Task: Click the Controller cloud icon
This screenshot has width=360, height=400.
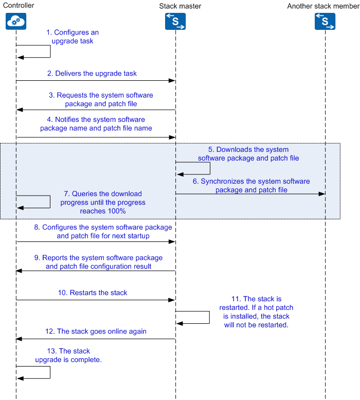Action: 16,22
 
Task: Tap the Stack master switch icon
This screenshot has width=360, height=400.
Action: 175,22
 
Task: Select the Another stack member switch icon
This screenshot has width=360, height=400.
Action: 325,22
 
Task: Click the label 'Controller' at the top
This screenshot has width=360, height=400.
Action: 19,5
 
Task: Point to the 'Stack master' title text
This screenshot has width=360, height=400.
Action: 180,6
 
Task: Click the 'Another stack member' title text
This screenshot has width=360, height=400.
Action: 323,6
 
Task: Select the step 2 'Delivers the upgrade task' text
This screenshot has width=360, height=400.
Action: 92,74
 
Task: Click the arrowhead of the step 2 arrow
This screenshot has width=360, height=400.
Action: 172,81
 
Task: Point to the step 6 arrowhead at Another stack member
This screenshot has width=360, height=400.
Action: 322,194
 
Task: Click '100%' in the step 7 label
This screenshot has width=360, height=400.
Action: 116,211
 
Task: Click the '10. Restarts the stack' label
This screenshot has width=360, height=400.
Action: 93,292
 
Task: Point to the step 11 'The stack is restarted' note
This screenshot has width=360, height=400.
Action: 256,312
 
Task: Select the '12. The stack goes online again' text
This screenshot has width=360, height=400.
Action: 96,332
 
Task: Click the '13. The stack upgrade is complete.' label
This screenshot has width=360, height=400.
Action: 68,355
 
